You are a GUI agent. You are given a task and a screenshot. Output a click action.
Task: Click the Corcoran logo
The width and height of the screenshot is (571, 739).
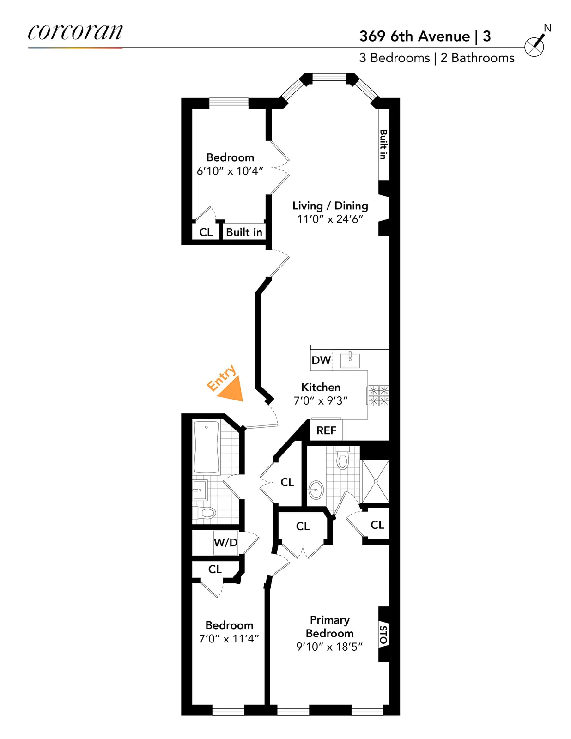[x=75, y=32]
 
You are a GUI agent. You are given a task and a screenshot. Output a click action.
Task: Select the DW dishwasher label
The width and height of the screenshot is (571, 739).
[x=321, y=360]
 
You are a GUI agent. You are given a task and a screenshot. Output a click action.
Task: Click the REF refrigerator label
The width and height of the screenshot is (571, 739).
[x=326, y=430]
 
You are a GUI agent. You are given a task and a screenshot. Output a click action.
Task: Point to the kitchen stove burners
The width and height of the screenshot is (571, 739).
[x=378, y=396]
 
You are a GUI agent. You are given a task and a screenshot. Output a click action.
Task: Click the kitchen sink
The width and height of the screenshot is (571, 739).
[x=350, y=360]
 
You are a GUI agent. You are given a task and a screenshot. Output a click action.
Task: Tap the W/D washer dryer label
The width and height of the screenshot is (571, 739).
[x=225, y=542]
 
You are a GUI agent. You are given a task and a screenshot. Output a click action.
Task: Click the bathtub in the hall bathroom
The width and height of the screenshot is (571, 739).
[x=206, y=447]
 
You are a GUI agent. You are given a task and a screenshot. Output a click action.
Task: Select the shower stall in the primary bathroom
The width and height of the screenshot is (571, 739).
[x=375, y=481]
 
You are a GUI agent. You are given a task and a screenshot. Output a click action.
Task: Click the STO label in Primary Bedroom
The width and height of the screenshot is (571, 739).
[x=383, y=634]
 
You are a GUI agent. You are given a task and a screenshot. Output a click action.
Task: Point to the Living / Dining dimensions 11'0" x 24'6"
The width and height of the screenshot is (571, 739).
[x=330, y=219]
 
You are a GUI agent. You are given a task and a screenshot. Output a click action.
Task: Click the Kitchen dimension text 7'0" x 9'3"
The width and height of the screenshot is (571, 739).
[x=321, y=400]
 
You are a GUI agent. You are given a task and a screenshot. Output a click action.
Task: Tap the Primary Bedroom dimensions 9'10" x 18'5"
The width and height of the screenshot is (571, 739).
[x=329, y=647]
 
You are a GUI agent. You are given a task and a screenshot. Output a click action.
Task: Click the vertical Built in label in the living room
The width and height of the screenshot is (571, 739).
[x=383, y=145]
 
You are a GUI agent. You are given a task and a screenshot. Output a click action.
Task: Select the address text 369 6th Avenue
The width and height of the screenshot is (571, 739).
[x=414, y=36]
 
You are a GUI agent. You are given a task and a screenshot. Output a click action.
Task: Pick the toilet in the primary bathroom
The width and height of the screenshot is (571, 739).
[x=342, y=459]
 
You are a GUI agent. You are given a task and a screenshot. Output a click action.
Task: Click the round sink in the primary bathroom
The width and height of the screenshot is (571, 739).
[x=316, y=490]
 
